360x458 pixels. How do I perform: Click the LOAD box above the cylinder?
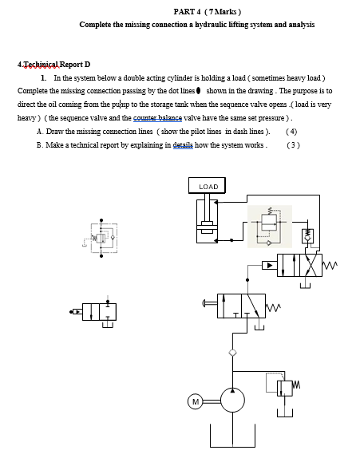208,186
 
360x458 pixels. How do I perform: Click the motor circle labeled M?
195,401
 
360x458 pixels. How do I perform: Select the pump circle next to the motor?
232,400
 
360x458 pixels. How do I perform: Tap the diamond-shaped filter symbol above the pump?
232,352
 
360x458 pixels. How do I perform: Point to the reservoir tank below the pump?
232,437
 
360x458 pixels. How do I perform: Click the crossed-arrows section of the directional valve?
312,264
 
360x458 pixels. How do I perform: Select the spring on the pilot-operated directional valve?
333,264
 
